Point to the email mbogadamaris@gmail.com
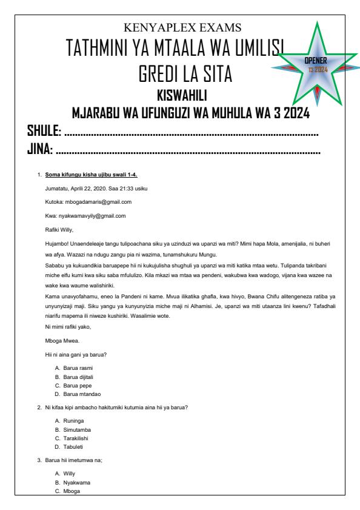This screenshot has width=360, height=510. coord(101,201)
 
